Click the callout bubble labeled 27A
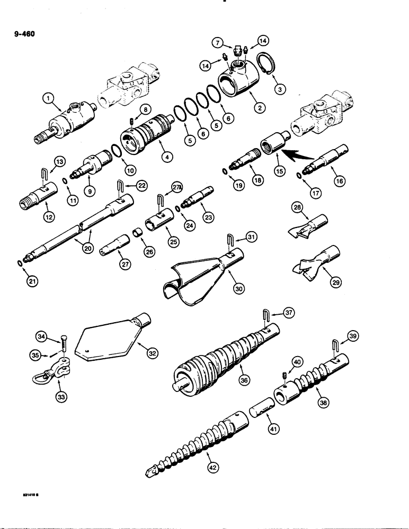(177, 186)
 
